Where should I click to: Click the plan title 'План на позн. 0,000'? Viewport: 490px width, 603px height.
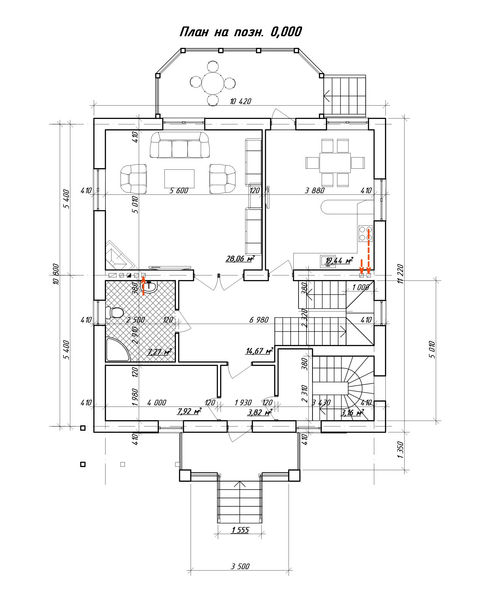point(241,32)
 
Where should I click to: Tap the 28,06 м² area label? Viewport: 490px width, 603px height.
point(240,258)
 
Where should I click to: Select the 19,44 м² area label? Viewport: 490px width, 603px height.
point(339,260)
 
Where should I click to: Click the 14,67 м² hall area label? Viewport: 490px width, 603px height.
point(259,351)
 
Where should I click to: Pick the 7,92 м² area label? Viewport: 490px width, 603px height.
point(189,411)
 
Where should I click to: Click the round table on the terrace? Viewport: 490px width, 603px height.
point(213,83)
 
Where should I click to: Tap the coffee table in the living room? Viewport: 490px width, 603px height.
point(179,178)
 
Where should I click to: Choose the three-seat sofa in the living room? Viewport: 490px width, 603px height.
point(180,145)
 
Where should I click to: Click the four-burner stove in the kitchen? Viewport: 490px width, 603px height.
point(366,233)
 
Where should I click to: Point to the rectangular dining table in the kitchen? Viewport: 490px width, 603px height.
point(335,163)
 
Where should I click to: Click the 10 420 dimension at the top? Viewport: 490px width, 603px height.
point(241,101)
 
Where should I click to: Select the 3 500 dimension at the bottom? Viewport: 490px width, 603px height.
point(240,566)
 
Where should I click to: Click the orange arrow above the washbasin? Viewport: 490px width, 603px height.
point(143,286)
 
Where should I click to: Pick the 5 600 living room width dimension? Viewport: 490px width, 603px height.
point(179,191)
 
